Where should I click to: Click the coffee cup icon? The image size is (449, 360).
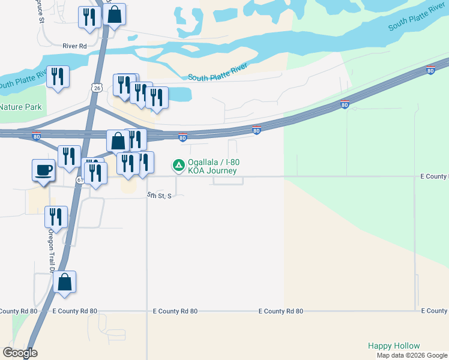[43, 170]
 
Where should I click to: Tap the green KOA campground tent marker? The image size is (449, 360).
[178, 164]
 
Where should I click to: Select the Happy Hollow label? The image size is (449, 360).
[394, 346]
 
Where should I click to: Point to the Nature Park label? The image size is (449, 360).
[21, 107]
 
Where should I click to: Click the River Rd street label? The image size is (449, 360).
[75, 45]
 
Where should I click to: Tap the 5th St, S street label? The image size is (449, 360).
[160, 196]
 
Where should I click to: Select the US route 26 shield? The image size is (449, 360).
[97, 88]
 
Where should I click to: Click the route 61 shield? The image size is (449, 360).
[80, 180]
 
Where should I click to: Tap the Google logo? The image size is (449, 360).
[20, 353]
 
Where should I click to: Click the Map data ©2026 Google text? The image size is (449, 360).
[412, 355]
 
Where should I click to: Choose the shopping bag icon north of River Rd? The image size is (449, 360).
[114, 15]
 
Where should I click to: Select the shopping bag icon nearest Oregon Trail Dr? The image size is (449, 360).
[65, 281]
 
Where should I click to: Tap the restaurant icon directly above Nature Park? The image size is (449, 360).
[58, 76]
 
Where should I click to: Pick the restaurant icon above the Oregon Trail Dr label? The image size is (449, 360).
[56, 217]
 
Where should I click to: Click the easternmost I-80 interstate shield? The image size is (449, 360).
[430, 71]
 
